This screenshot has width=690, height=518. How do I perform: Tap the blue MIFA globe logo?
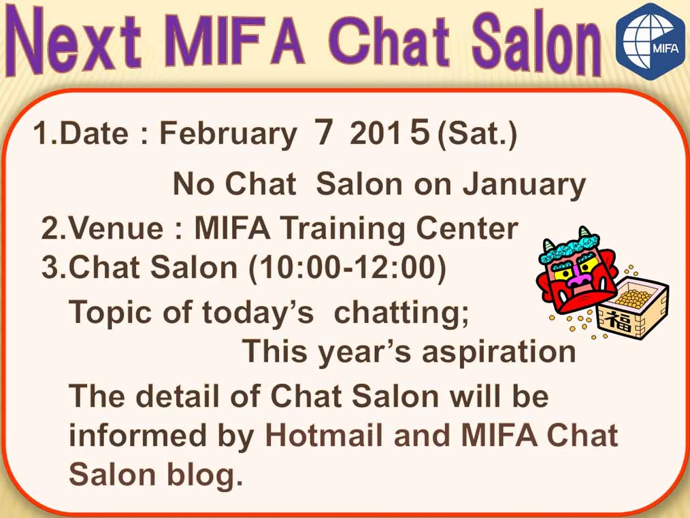coord(650,41)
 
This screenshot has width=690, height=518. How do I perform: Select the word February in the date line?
coord(228,134)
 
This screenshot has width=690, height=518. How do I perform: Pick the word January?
coord(524,185)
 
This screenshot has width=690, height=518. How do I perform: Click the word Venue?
coord(116,228)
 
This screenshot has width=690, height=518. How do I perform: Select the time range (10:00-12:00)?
coord(348,267)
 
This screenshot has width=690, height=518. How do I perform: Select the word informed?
coord(137,435)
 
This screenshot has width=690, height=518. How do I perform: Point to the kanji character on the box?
coord(619,320)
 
